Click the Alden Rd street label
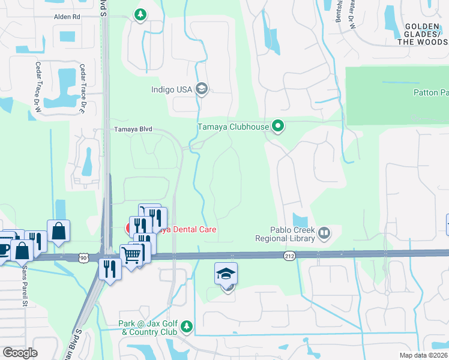[x=67, y=17]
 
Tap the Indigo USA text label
[x=172, y=91]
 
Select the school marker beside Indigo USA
[x=202, y=89]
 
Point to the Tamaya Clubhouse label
[x=234, y=127]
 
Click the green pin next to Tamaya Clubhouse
[x=277, y=126]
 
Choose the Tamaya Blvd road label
[x=133, y=129]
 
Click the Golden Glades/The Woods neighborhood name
[x=426, y=34]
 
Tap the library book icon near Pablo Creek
[x=324, y=232]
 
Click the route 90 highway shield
[x=83, y=257]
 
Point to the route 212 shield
[x=289, y=256]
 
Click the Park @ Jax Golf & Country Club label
[x=148, y=327]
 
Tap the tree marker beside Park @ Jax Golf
[x=187, y=326]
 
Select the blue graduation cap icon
[x=226, y=274]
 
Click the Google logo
[x=20, y=353]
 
